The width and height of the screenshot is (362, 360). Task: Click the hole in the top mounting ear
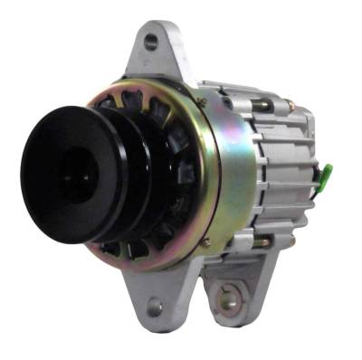point(149,42)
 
